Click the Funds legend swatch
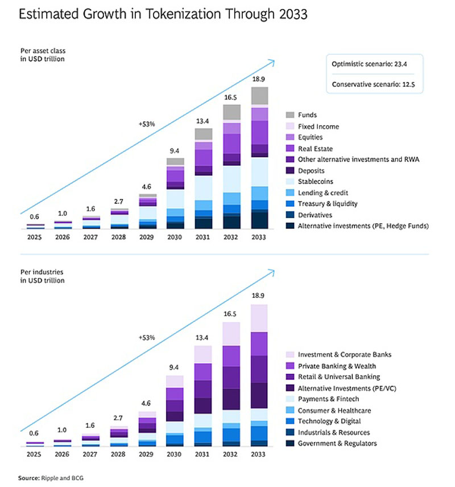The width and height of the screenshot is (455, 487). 289,115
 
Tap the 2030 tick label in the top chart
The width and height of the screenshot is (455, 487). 175,238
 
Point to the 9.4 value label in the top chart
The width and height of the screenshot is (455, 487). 175,151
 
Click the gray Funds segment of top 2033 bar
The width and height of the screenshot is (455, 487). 259,96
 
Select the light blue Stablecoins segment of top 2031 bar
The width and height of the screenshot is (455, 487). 204,187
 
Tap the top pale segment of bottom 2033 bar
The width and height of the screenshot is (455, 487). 259,318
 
